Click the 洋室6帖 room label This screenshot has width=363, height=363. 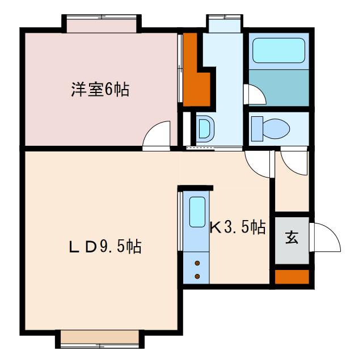click(x=100, y=90)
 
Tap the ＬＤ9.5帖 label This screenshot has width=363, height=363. click(x=105, y=247)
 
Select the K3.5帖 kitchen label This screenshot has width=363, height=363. click(x=238, y=228)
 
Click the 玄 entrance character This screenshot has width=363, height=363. click(x=292, y=238)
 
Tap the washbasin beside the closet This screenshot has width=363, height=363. click(x=204, y=128)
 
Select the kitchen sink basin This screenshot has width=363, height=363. click(x=197, y=212)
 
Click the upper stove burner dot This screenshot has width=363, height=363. click(x=197, y=263)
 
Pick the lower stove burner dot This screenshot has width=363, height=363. click(x=197, y=276)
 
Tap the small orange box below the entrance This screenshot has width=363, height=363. click(x=292, y=277)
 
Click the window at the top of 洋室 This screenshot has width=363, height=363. click(x=101, y=24)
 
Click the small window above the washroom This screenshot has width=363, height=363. click(x=225, y=24)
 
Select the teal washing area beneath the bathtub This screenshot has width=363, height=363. click(x=278, y=87)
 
